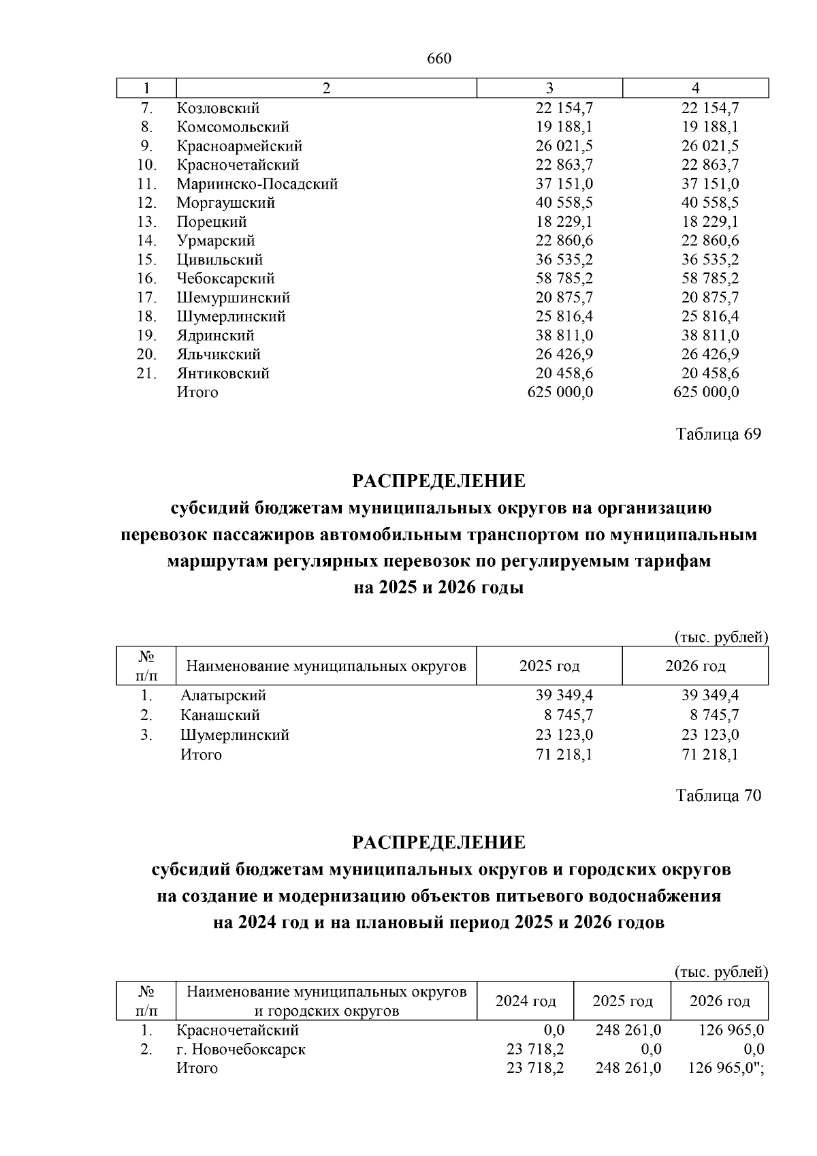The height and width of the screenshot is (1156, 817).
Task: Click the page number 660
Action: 439,59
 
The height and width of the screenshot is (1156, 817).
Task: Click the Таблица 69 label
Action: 718,434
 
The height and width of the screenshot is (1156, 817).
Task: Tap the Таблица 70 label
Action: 718,795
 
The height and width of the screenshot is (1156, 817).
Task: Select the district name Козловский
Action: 219,108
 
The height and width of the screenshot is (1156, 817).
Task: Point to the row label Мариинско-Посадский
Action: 257,184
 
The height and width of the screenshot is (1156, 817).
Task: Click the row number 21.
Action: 146,373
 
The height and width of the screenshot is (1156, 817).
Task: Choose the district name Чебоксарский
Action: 226,279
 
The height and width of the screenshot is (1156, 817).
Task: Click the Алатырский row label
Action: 223,696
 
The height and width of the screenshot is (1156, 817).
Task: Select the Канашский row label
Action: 220,715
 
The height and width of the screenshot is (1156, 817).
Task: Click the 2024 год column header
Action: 526,1001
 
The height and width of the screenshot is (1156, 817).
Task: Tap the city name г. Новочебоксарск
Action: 241,1049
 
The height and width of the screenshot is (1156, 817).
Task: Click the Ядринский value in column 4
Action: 711,335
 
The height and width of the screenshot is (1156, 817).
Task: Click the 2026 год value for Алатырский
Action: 711,696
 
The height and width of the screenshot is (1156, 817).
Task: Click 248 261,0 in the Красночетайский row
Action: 628,1030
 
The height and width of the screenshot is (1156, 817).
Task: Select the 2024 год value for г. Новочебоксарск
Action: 535,1049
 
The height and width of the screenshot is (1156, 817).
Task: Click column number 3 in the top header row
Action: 549,88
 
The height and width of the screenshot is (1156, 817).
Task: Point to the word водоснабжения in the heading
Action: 658,896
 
